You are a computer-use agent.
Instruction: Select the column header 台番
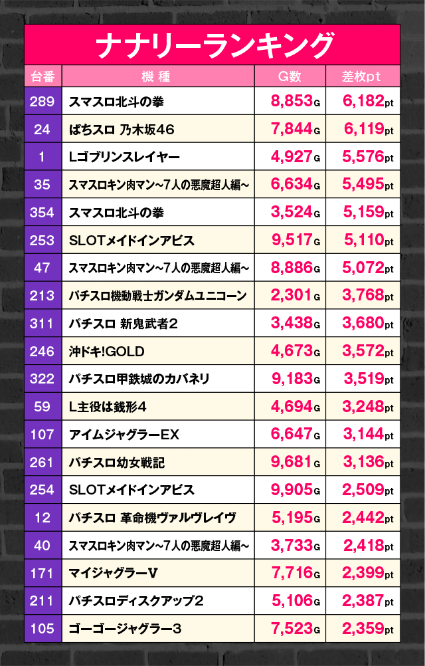point(42,76)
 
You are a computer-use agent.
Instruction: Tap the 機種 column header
point(157,76)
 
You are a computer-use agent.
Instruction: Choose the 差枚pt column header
point(362,76)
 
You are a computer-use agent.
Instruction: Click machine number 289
point(42,102)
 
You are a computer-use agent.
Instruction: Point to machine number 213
point(42,296)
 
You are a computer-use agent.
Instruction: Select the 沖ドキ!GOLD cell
point(106,351)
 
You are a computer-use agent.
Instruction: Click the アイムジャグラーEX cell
point(125,435)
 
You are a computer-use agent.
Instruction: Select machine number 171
point(42,573)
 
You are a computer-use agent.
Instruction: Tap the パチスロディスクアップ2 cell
point(136,601)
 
